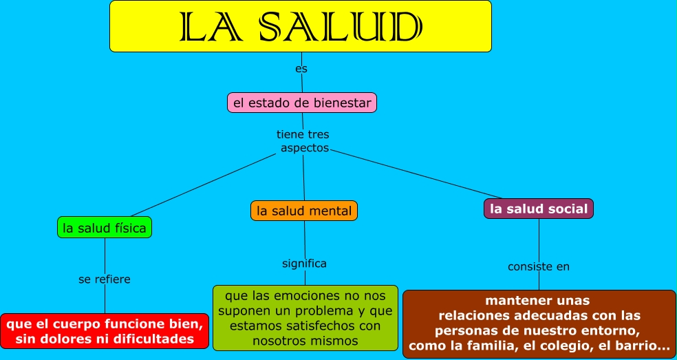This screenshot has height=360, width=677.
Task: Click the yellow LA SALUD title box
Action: point(301,26)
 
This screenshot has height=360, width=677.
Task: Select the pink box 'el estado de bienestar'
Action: point(302,103)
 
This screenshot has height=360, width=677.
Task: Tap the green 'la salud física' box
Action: point(105,227)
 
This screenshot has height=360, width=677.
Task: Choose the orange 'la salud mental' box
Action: point(304,211)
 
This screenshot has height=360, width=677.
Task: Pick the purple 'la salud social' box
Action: point(539,209)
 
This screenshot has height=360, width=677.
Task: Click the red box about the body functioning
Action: point(105,330)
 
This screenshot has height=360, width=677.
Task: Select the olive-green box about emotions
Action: point(305,318)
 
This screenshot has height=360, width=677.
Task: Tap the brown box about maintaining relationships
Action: point(539,324)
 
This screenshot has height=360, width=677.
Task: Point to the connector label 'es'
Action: point(301,69)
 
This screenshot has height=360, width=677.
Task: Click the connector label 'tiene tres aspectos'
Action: point(303,141)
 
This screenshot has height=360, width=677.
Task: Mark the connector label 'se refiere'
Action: point(105,279)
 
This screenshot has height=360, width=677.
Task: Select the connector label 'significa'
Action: point(304,264)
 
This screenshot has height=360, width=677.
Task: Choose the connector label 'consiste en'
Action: point(539,266)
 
